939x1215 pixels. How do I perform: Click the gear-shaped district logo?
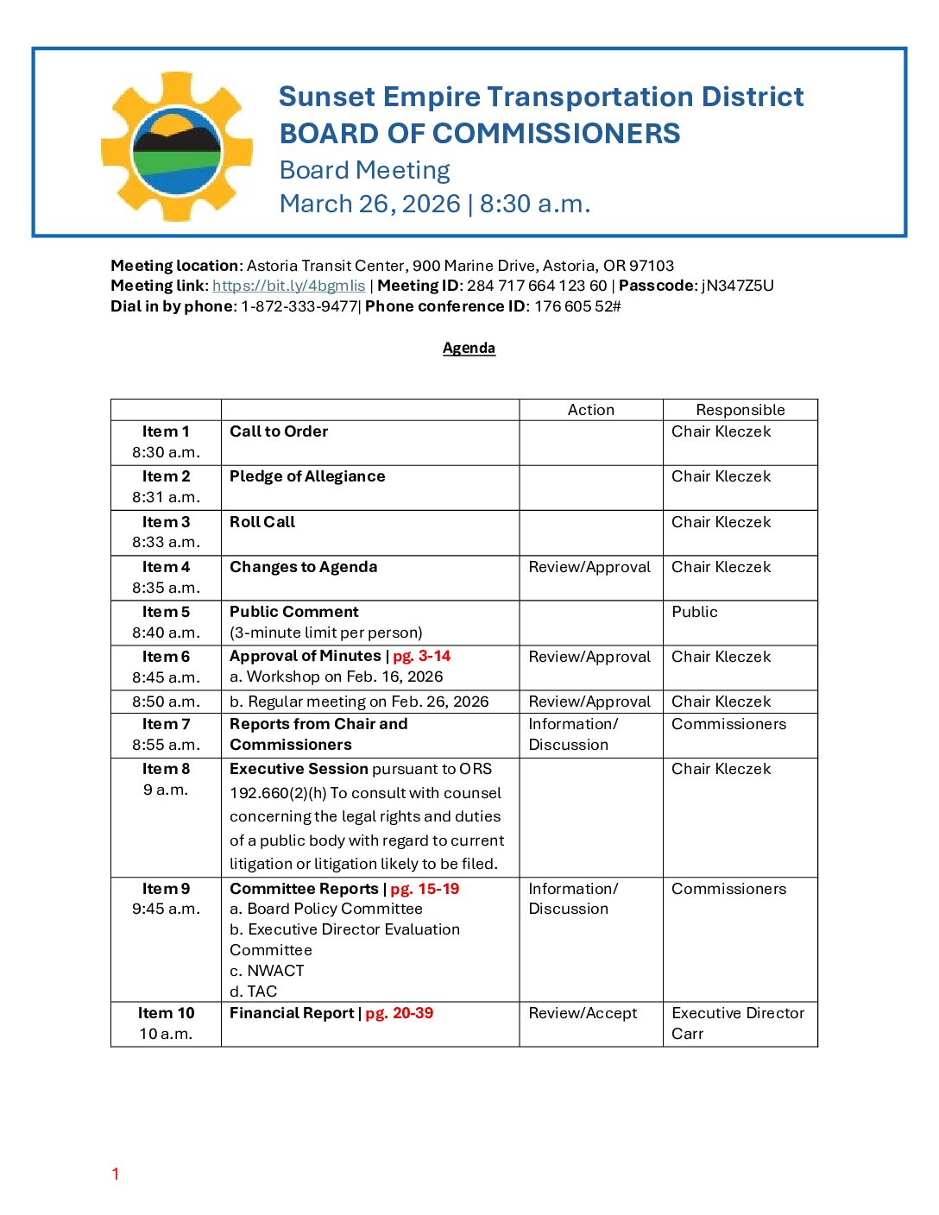pyautogui.click(x=177, y=147)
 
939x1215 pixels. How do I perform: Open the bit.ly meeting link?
pyautogui.click(x=288, y=286)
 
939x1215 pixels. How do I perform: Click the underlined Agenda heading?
pyautogui.click(x=469, y=348)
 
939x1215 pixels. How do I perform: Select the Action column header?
pyautogui.click(x=590, y=410)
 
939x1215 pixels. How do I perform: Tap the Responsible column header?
pyautogui.click(x=740, y=410)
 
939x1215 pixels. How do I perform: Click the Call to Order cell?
pyautogui.click(x=279, y=431)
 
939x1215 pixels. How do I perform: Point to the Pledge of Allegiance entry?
pyautogui.click(x=307, y=476)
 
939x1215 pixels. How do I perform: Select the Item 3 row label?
pyautogui.click(x=166, y=522)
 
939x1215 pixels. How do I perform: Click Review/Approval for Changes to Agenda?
pyautogui.click(x=589, y=567)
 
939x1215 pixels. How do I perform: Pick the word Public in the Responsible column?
pyautogui.click(x=695, y=612)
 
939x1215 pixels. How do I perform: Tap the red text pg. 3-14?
pyautogui.click(x=421, y=657)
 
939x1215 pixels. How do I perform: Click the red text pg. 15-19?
pyautogui.click(x=425, y=889)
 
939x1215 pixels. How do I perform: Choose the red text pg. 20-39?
pyautogui.click(x=399, y=1013)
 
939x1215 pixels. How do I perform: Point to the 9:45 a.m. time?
pyautogui.click(x=166, y=909)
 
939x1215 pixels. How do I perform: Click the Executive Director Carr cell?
pyautogui.click(x=738, y=1023)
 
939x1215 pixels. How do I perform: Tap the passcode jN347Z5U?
pyautogui.click(x=737, y=286)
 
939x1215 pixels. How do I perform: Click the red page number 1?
pyautogui.click(x=115, y=1174)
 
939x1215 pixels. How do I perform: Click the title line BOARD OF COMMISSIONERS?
pyautogui.click(x=480, y=134)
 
